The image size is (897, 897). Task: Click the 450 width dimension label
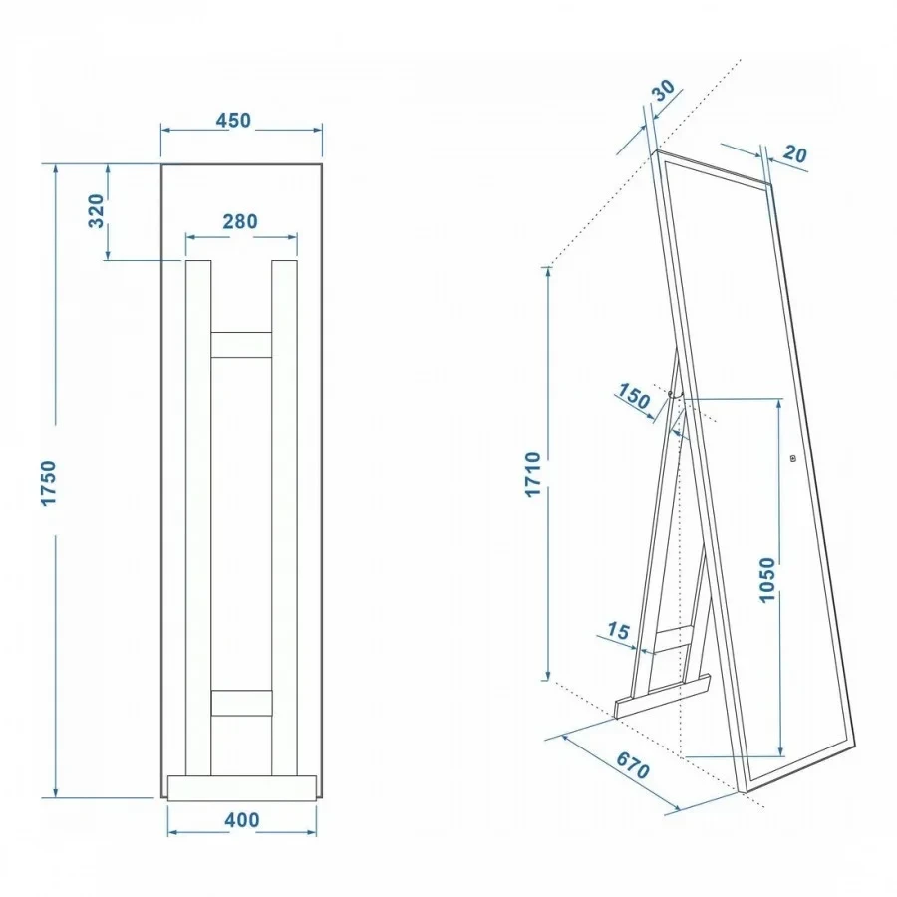point(233,121)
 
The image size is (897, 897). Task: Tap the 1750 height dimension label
point(49,482)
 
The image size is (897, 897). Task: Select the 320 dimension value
point(96,211)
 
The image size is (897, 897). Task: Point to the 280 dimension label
point(240,221)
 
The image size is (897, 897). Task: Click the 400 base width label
point(242,820)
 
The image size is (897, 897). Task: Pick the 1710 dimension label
point(532,474)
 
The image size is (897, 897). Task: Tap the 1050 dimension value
point(767,579)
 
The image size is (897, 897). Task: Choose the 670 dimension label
point(633,764)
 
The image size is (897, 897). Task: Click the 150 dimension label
point(634,396)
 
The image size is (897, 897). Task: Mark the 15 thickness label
point(618,631)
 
